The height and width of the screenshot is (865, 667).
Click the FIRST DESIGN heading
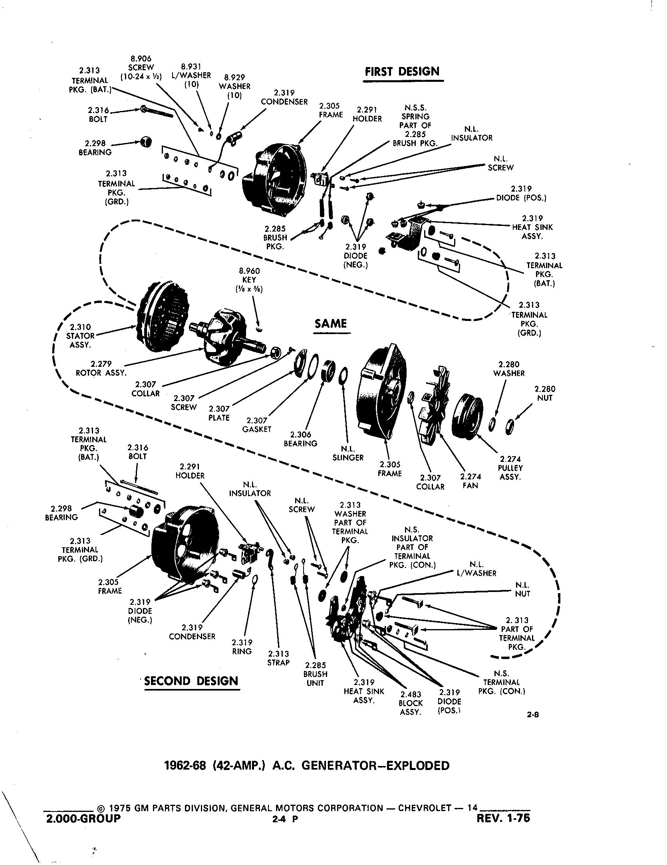pos(402,72)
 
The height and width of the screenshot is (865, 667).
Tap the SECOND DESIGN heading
pos(191,681)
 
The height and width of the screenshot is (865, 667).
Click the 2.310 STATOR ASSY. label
pos(80,336)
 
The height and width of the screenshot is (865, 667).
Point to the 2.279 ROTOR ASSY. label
pos(101,368)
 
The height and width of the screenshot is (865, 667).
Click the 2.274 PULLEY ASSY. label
pos(510,468)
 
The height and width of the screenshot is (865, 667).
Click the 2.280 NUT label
pos(545,394)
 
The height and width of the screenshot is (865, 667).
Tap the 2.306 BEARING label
pos(300,439)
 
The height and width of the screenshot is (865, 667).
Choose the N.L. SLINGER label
pos(347,453)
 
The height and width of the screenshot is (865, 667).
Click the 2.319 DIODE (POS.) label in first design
pos(521,194)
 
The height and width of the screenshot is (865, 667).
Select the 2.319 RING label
pos(242,647)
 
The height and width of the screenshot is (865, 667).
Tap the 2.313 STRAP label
pos(278,658)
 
